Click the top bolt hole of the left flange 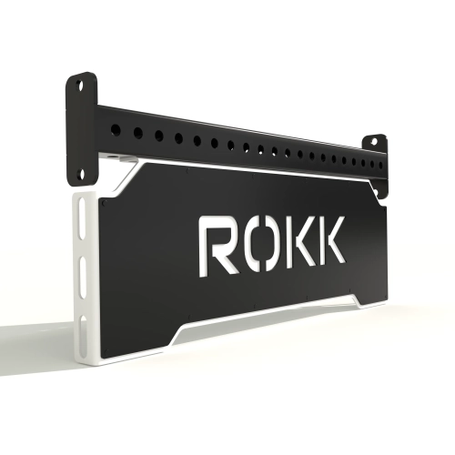(84, 86)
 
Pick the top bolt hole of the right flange (373, 141)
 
